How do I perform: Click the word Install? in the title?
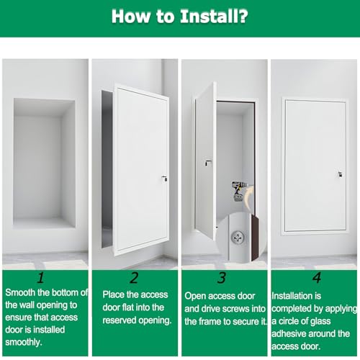214,17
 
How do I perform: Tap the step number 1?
41,278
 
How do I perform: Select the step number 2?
135,278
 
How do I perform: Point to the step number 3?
222,278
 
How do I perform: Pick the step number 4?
317,278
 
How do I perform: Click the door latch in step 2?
164,179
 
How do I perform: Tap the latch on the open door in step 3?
208,163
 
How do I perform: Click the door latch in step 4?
340,174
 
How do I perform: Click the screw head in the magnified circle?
238,238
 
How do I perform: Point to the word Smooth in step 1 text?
20,292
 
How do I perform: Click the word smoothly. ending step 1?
24,342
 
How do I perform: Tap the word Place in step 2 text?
113,294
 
